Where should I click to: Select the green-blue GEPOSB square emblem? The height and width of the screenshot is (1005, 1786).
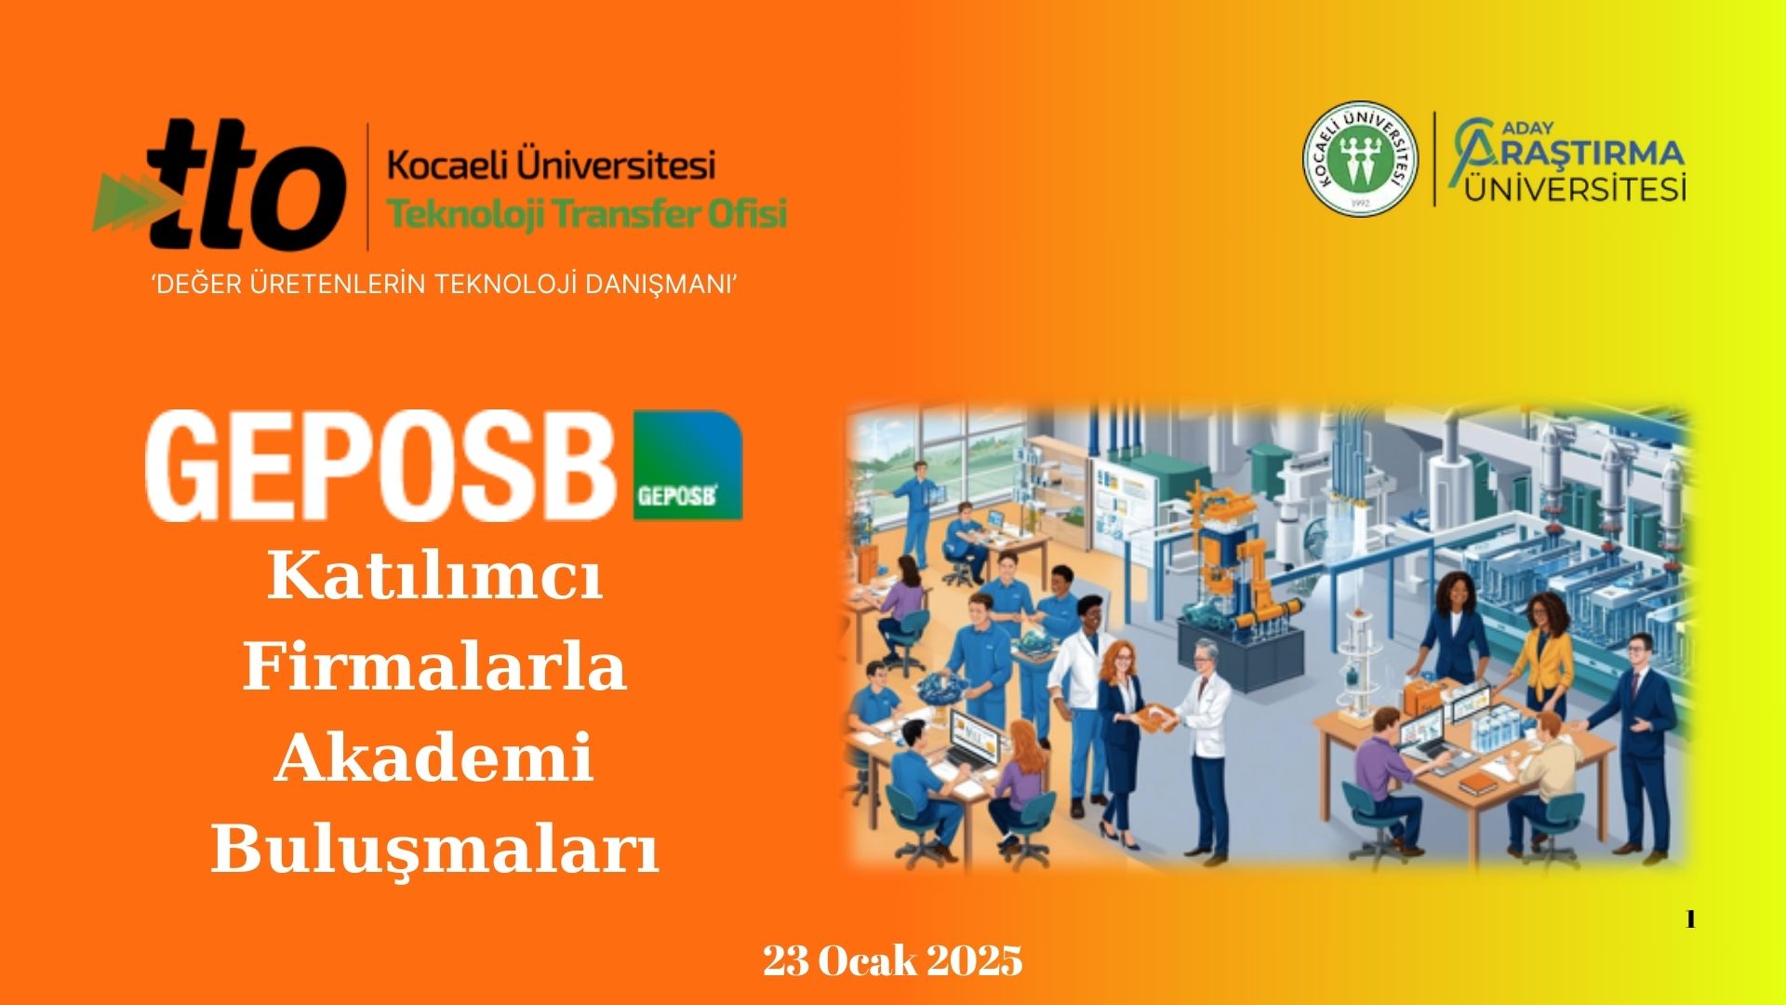coord(687,464)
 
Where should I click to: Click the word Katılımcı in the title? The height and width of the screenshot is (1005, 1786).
coord(435,578)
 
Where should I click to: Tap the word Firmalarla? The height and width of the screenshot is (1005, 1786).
coord(434,667)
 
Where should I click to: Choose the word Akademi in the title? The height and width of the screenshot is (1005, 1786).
coord(434,757)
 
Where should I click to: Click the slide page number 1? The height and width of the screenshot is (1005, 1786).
coord(1690,920)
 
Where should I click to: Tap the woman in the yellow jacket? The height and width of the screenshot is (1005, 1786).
coord(1541,657)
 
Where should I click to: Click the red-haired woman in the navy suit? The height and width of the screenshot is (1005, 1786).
coord(1122,735)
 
